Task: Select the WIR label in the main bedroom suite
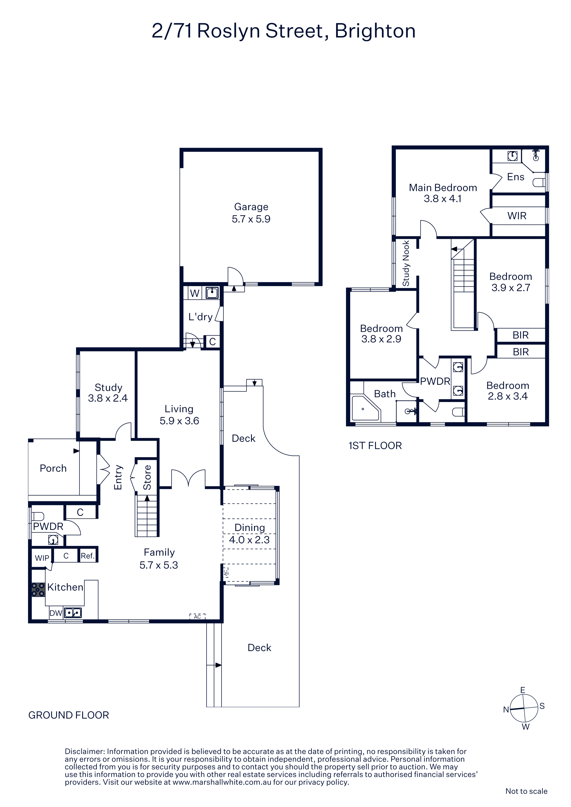pos(517,216)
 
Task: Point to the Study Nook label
pos(406,263)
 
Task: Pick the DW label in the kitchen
pos(55,613)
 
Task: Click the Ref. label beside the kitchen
pos(87,556)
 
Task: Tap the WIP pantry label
pos(42,558)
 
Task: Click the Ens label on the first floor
pos(516,177)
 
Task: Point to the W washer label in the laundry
pos(195,293)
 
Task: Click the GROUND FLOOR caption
pos(69,715)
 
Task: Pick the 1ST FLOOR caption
pos(375,446)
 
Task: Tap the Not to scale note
pos(526,791)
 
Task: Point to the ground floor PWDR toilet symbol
pos(38,516)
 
